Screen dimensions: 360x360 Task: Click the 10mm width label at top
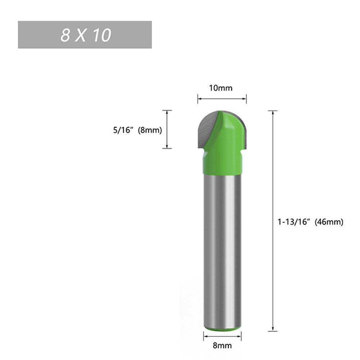point(222,88)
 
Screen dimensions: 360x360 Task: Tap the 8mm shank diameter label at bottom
point(222,346)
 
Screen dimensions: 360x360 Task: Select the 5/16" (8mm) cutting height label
point(137,130)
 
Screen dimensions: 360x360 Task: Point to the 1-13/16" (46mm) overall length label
point(310,222)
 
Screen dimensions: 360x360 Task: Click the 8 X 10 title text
point(86,35)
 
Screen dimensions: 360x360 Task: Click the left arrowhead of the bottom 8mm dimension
point(205,336)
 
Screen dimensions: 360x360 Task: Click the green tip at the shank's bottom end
point(222,328)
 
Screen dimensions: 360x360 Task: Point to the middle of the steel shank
point(222,248)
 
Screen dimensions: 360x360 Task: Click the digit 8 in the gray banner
point(65,35)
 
